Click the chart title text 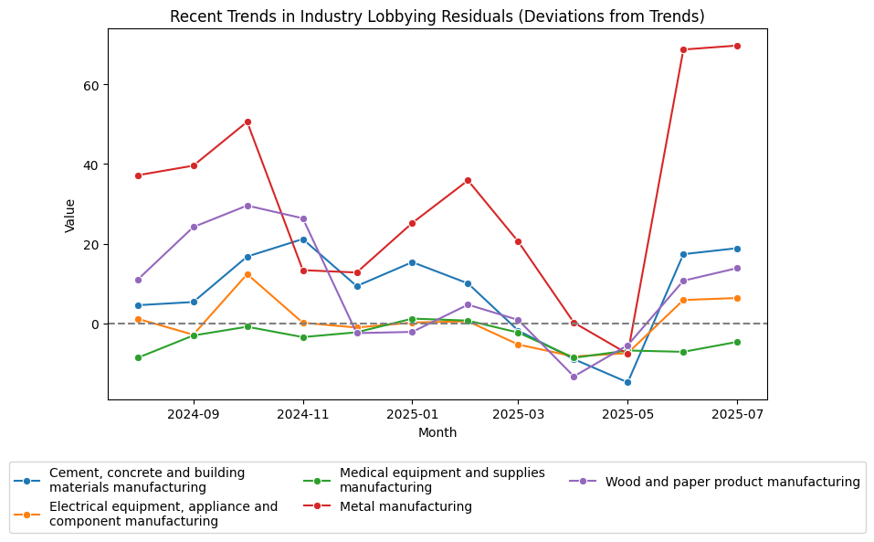[x=437, y=16]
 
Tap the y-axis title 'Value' [x=70, y=214]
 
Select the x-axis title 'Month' [x=437, y=432]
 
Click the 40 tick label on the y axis [x=91, y=165]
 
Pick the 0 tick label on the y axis [x=95, y=324]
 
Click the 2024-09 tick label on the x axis [x=194, y=413]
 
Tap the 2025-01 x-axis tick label [x=412, y=413]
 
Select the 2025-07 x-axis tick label [x=737, y=413]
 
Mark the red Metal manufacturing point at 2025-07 [x=737, y=46]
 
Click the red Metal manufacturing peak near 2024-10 [x=247, y=122]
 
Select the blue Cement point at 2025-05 [x=627, y=382]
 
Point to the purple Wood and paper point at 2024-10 [x=247, y=206]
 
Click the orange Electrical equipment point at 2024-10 [x=247, y=274]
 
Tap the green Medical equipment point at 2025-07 [x=737, y=342]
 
